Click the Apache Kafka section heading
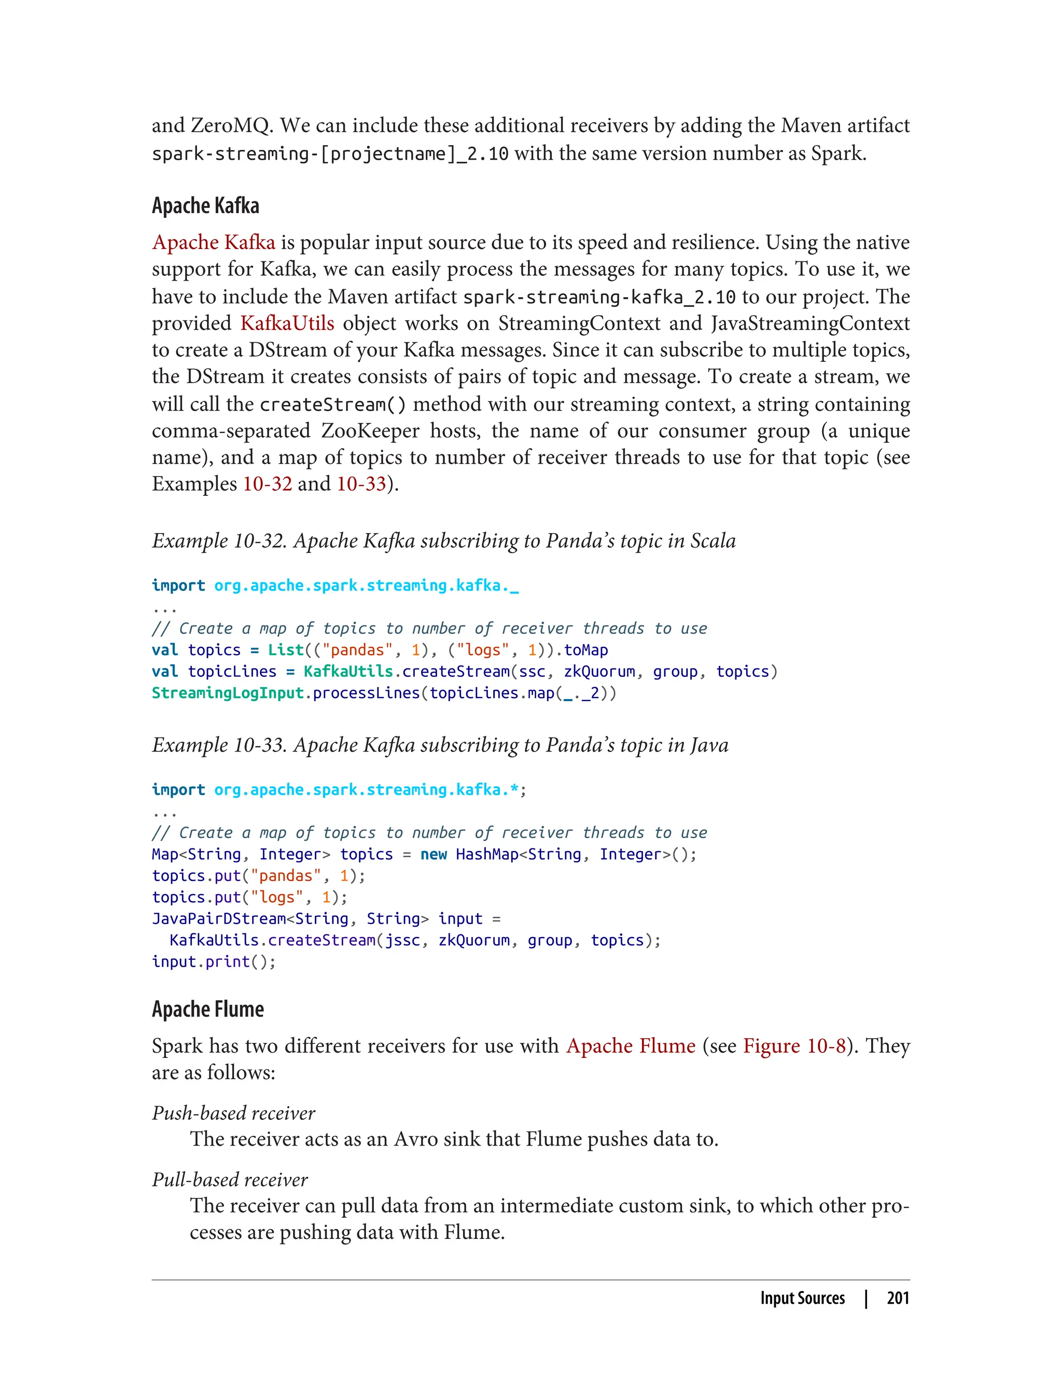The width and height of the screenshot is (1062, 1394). click(x=205, y=206)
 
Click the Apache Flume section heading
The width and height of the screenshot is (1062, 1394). click(x=207, y=1009)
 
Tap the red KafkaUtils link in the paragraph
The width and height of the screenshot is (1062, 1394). click(x=287, y=323)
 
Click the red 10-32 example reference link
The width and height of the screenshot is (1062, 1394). click(x=268, y=484)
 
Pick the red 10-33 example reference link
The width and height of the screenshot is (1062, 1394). click(x=361, y=484)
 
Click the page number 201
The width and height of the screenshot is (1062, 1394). click(x=898, y=1298)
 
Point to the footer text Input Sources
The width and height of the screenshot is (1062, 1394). click(x=802, y=1298)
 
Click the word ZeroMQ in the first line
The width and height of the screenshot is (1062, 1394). click(x=231, y=126)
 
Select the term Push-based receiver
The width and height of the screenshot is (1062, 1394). click(x=233, y=1113)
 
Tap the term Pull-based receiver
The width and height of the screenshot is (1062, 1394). click(x=230, y=1179)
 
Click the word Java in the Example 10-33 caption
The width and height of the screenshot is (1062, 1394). click(x=709, y=745)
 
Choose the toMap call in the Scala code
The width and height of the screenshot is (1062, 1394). click(x=586, y=650)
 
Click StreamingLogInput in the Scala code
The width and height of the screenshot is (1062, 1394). click(x=228, y=693)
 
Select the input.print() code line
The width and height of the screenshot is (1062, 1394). click(x=214, y=961)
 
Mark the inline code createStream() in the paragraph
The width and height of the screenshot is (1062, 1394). click(x=332, y=404)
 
